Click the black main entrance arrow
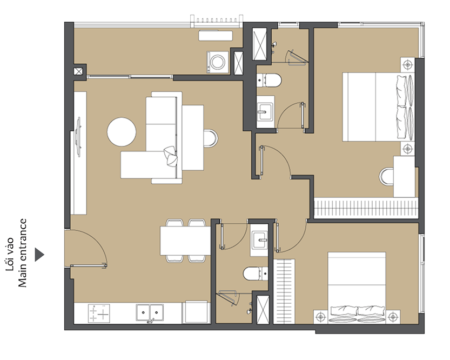coord(39,255)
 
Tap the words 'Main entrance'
coord(22,253)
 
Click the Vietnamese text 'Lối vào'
coord(10,254)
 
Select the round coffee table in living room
coord(122,132)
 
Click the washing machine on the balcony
coord(217,62)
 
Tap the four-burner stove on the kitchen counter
coord(99,313)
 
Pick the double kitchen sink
coord(150,312)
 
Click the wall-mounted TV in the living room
coord(78,137)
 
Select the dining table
coord(185,241)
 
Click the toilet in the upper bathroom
coord(269,81)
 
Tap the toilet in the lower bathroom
coord(256,274)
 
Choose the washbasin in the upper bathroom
coord(265,111)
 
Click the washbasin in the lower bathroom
coord(259,240)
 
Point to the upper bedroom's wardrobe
coord(366,208)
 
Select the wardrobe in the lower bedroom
coord(284,291)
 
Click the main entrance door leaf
coord(89,266)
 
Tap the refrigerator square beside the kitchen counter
coord(196,312)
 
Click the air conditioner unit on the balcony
coord(216,36)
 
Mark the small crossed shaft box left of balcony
coord(78,71)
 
